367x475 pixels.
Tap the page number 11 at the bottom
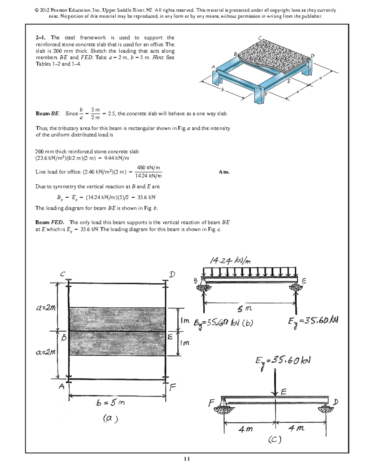(187, 459)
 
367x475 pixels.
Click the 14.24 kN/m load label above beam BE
(230, 261)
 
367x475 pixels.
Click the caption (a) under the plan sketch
(110, 418)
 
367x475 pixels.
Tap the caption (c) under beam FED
(275, 440)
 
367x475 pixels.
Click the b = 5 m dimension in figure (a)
(110, 403)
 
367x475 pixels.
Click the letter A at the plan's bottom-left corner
(62, 386)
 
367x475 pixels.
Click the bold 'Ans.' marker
(224, 172)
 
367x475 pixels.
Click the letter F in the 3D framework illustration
(265, 94)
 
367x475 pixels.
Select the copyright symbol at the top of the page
(37, 10)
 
